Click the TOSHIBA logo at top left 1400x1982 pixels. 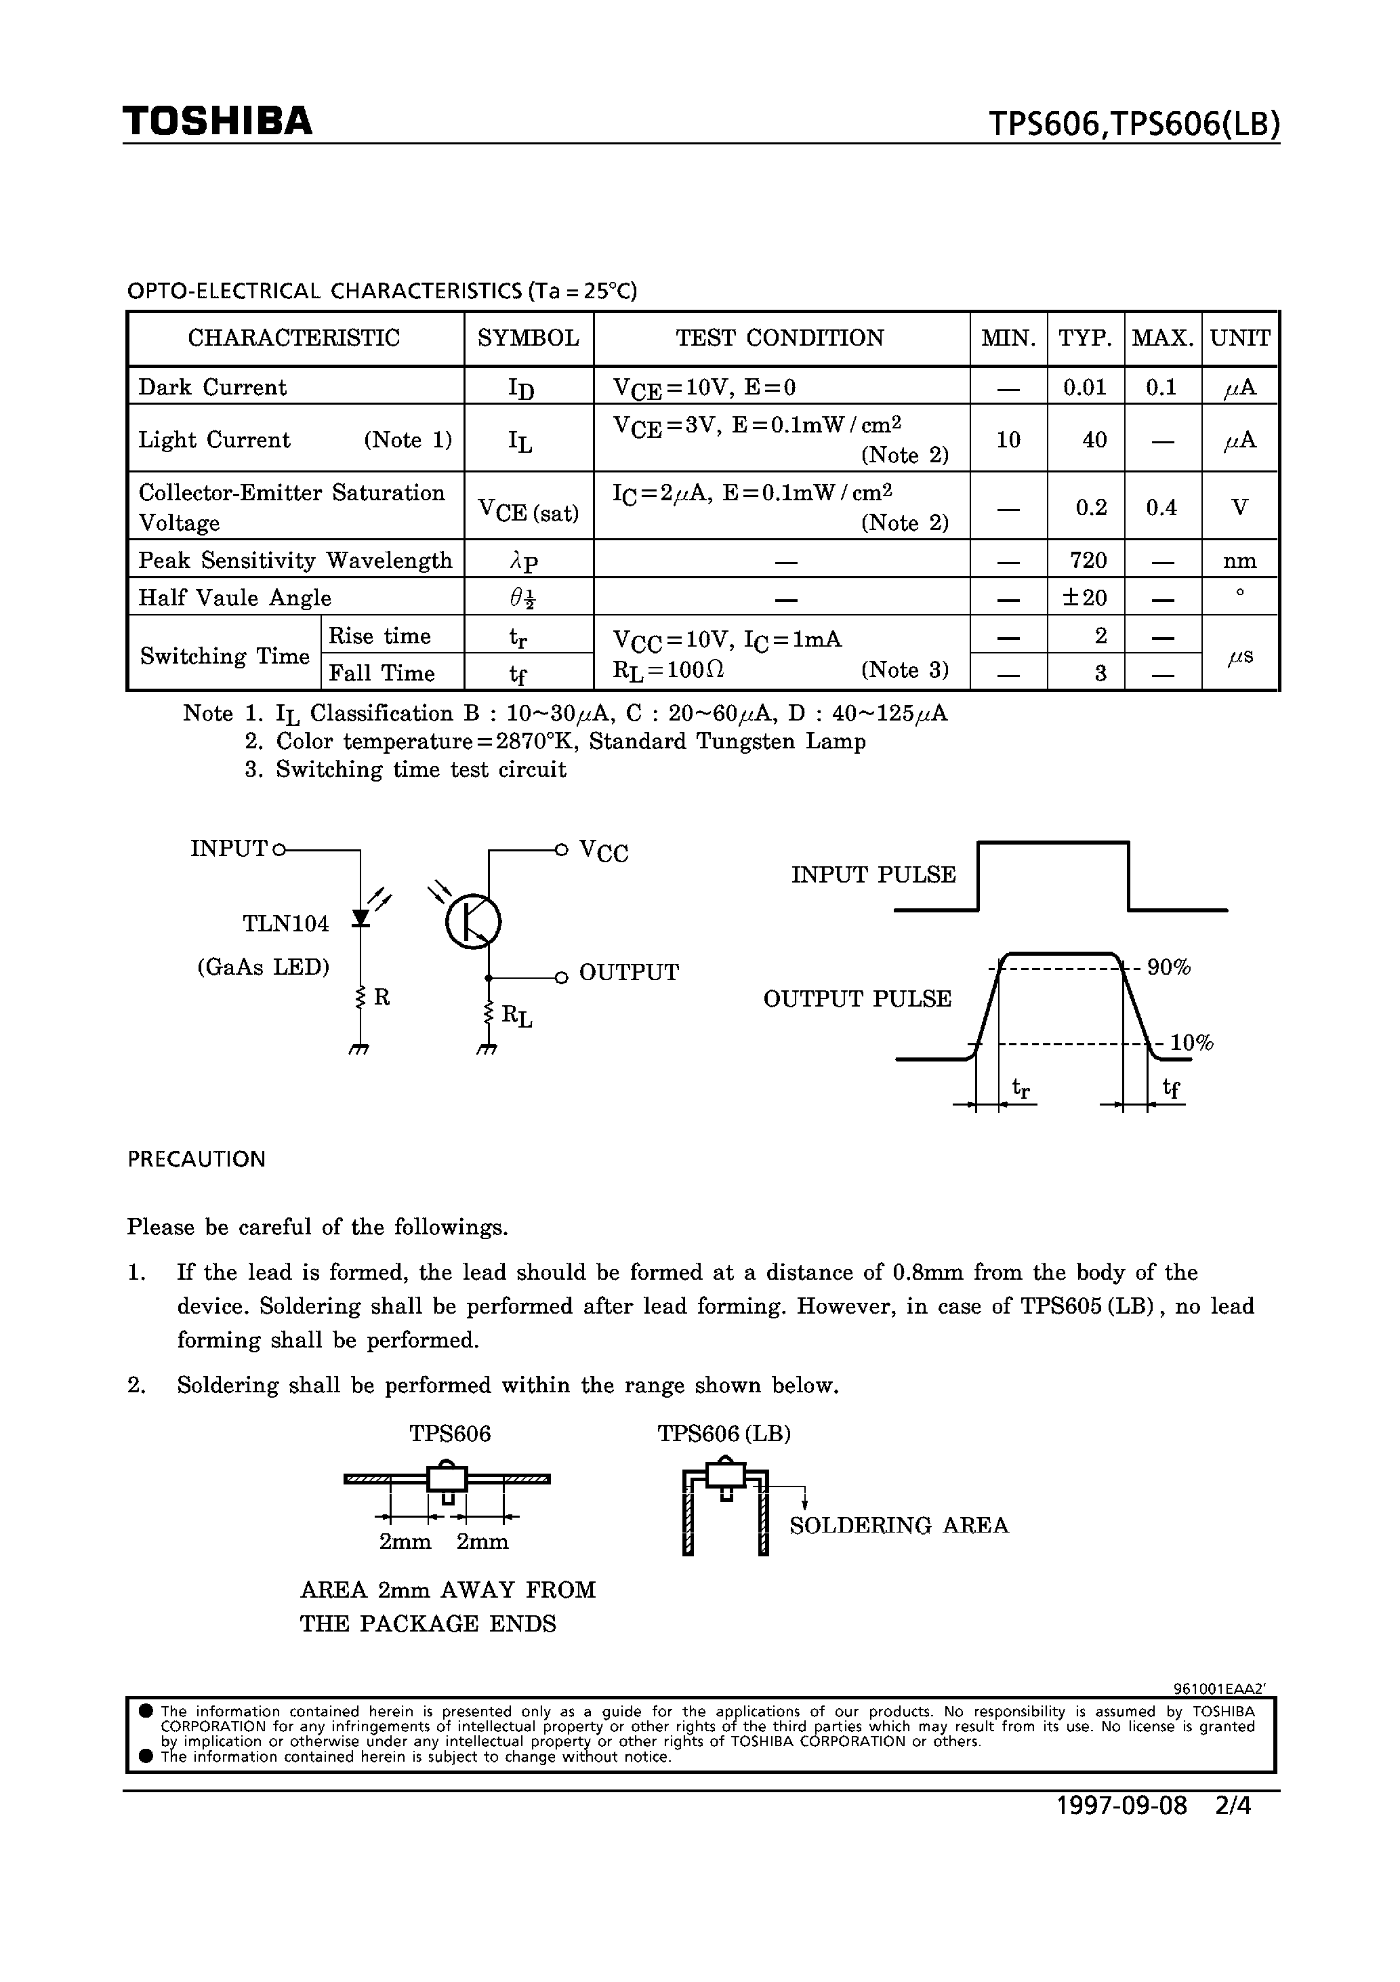218,122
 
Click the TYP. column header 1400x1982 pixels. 1085,338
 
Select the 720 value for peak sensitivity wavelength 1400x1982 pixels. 1088,561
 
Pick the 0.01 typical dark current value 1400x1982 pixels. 1085,388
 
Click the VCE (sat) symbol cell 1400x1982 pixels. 529,509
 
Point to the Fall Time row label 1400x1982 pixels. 382,672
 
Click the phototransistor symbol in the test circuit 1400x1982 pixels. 473,921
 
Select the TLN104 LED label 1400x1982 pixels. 286,924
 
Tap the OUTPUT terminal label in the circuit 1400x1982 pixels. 628,973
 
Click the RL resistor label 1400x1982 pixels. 517,1016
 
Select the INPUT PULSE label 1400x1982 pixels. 873,875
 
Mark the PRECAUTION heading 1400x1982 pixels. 197,1159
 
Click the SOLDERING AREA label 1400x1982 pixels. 899,1525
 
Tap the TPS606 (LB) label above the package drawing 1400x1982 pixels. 724,1434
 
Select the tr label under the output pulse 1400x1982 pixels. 1021,1089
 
